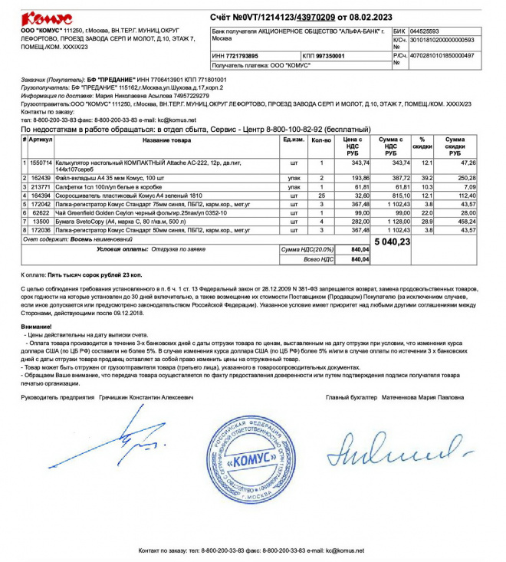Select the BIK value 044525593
(426, 31)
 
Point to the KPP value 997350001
(329, 56)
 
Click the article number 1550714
(41, 163)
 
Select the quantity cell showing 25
(321, 196)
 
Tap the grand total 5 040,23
(393, 242)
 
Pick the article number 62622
(41, 212)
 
